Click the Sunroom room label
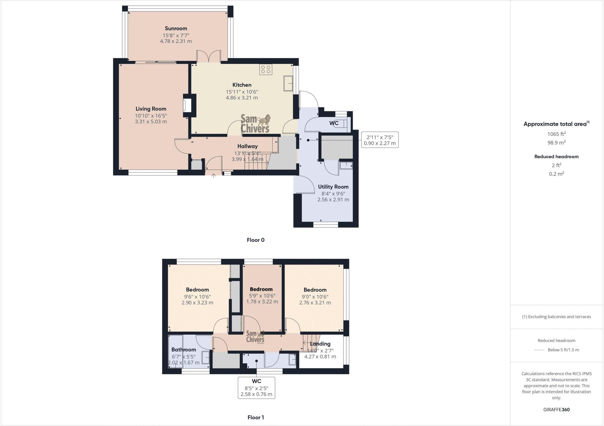[176, 29]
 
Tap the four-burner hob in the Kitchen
[266, 70]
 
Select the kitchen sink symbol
[288, 83]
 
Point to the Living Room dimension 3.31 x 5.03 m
[151, 121]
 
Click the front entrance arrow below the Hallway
[214, 176]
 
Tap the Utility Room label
[333, 187]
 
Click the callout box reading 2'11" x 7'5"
[380, 140]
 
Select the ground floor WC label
[334, 123]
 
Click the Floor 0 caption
[255, 240]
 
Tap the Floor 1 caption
[255, 417]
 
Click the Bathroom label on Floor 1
[183, 350]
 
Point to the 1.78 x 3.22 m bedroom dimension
[262, 302]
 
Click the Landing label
[320, 344]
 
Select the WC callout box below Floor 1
[256, 388]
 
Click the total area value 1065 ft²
[556, 134]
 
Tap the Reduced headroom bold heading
[556, 157]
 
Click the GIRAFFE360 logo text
[556, 410]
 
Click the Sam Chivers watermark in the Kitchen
[255, 124]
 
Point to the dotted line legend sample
[539, 350]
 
